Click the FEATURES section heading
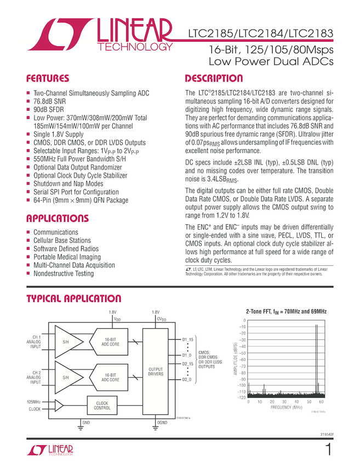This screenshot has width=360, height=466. pos(48,78)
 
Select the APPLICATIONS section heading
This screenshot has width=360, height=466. pos(58,219)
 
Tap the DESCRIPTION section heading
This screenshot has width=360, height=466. pos(214,78)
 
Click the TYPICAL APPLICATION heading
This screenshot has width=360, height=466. pos(74,299)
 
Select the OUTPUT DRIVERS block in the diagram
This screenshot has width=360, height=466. pos(156,372)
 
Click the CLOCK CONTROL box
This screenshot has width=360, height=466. pos(102,406)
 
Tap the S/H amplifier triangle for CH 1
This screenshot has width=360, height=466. pos(67,342)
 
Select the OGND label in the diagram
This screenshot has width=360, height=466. pos(162,423)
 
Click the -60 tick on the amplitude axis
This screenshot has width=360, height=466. pos(241,360)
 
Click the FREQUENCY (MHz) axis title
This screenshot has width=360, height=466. pos(286,408)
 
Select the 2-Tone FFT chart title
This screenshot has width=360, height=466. pos(285,311)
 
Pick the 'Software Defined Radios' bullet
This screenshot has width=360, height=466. pos(66,248)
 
